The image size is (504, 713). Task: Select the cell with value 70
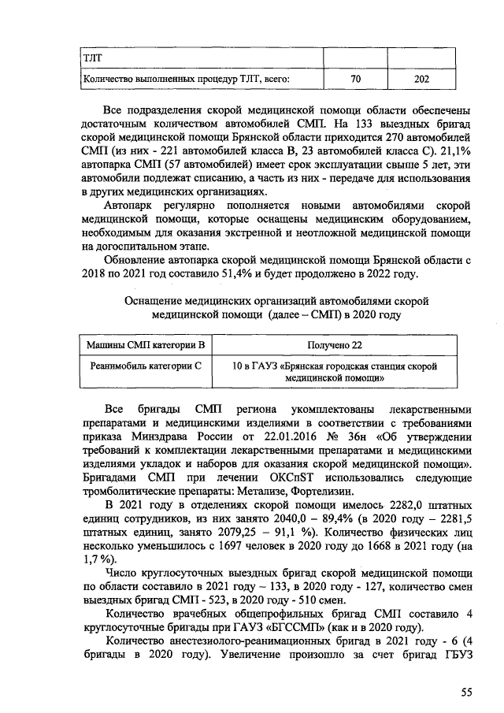pos(354,79)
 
